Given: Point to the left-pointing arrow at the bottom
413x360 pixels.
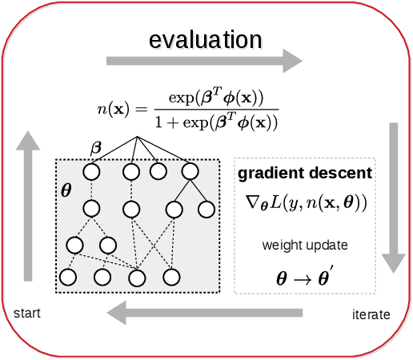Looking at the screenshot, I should click(x=204, y=313).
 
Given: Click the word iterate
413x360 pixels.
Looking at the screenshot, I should click(x=371, y=314).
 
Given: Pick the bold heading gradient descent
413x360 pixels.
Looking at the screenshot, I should click(x=303, y=173).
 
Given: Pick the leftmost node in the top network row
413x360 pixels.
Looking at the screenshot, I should click(x=90, y=171).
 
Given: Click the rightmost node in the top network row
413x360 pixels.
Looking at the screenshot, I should click(x=189, y=171).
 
